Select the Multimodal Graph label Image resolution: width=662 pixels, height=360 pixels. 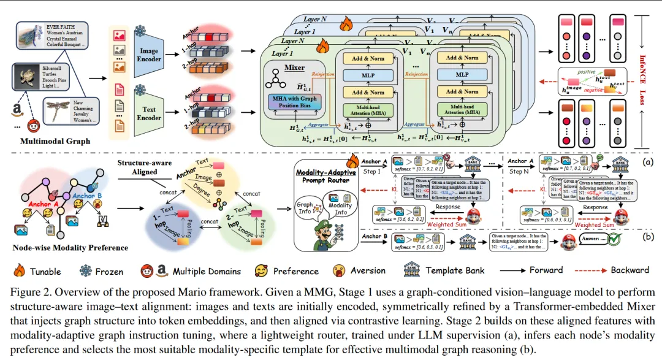click(55, 142)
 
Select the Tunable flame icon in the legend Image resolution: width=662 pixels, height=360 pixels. click(18, 270)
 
